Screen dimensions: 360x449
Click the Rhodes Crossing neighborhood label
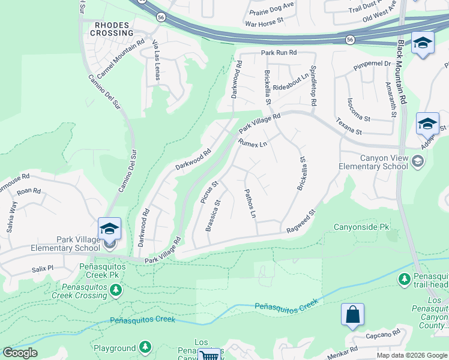tap(112, 29)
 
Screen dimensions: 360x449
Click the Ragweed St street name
tap(301, 222)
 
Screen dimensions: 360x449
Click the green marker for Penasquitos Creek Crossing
tap(115, 290)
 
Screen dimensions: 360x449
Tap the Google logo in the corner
tap(20, 353)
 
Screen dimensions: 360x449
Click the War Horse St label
tap(264, 25)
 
